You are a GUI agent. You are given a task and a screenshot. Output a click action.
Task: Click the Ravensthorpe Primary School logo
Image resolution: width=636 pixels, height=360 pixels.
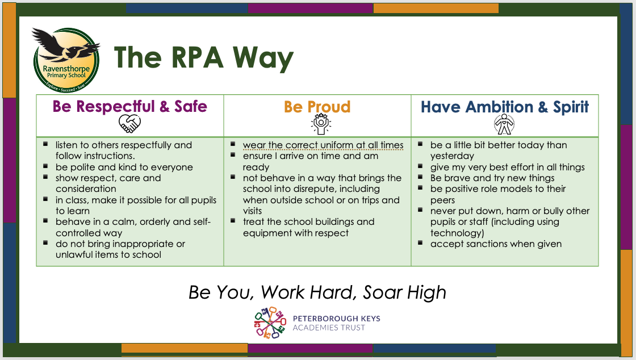pos(66,60)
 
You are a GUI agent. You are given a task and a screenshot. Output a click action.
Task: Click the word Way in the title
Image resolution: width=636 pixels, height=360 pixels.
pos(263,58)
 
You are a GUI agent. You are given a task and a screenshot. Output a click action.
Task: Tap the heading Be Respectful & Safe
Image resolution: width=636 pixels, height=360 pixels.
pos(130,106)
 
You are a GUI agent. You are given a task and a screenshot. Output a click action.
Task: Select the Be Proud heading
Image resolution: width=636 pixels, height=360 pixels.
pos(317,107)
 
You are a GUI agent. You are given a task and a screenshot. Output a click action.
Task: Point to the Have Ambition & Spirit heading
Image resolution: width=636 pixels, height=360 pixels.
pos(505,107)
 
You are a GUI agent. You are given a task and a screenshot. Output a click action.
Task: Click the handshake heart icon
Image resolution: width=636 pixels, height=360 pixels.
pos(130,123)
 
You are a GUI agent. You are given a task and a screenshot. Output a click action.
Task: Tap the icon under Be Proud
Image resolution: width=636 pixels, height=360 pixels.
pos(321,124)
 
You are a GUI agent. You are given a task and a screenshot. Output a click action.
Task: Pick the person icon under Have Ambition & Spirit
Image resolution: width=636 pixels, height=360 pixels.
pos(504,124)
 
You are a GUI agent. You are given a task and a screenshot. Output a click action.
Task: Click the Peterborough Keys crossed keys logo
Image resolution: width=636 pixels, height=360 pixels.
pos(270,323)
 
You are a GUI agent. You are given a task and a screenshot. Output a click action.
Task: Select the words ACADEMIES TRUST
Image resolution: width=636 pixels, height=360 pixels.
pos(329,328)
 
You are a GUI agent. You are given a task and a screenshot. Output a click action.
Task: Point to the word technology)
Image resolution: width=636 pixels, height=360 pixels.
pos(457,233)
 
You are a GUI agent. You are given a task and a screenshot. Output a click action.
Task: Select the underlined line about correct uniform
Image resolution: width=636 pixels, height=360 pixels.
pos(323,145)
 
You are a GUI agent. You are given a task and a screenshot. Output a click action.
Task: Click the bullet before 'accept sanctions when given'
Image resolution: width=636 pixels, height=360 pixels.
pos(421,242)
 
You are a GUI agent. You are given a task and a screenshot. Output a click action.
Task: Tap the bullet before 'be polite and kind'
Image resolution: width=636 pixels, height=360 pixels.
pos(46,166)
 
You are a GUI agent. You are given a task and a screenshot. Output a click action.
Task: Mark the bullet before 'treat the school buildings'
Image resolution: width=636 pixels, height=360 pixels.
pos(233,220)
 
